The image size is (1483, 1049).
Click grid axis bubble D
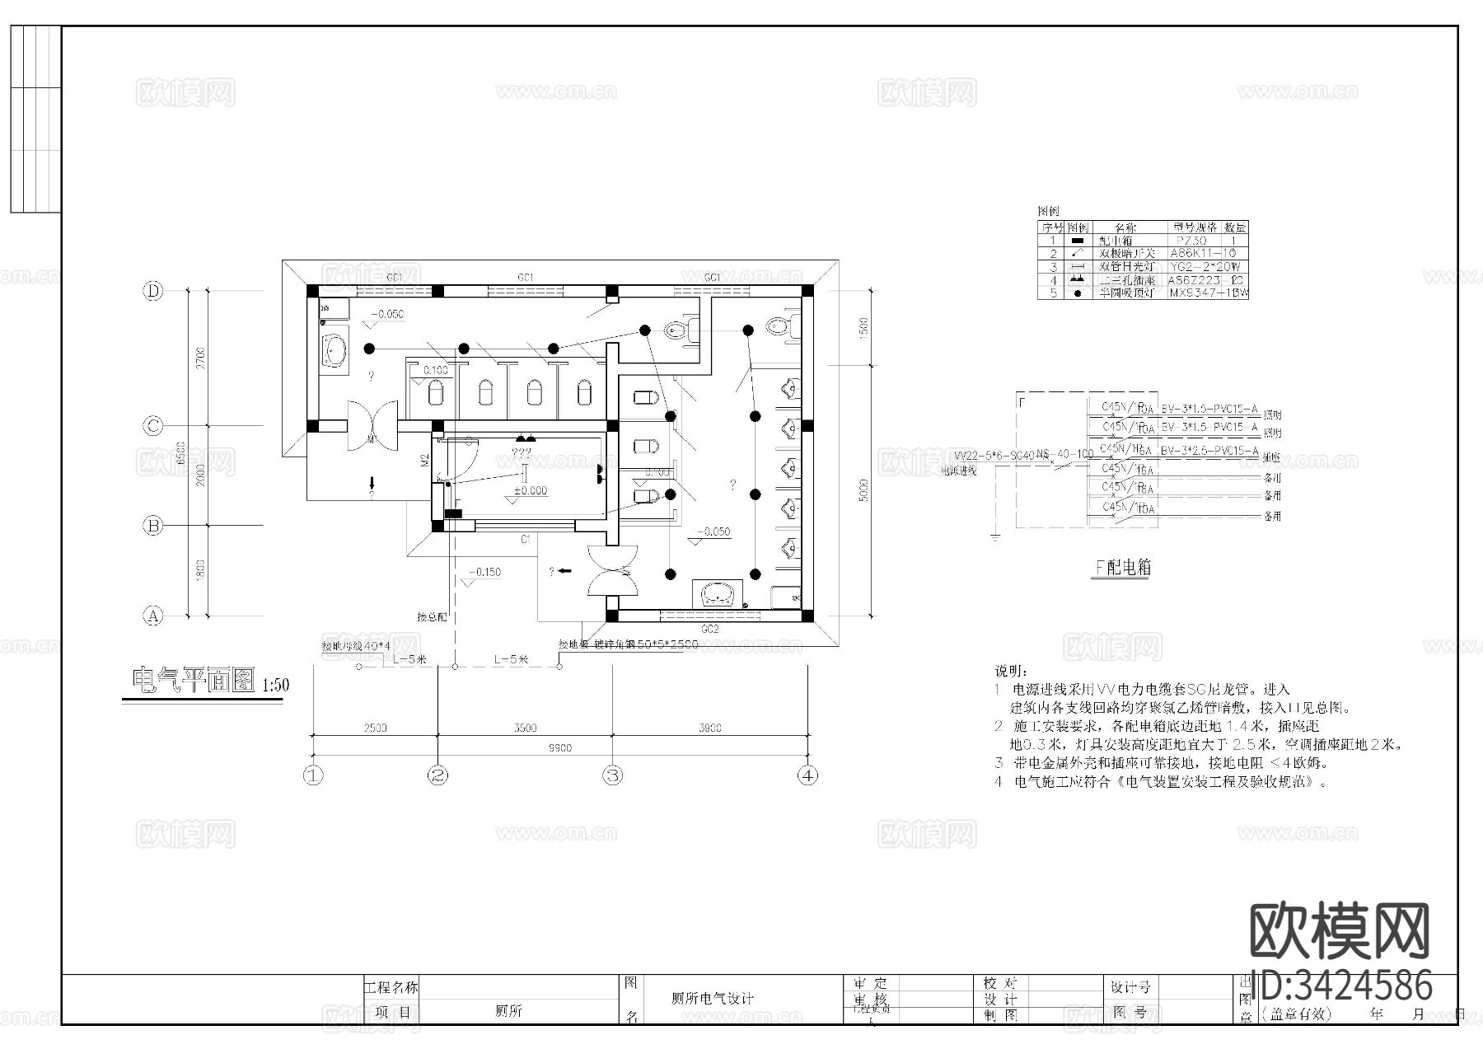[x=153, y=291]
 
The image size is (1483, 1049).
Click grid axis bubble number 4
[x=808, y=775]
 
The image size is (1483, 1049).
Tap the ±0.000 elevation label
[x=530, y=491]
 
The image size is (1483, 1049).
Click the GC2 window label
[x=709, y=629]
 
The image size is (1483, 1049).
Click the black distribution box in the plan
[x=453, y=513]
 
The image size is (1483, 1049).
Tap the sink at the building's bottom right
[x=721, y=593]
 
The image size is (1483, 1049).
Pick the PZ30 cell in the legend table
[x=1191, y=241]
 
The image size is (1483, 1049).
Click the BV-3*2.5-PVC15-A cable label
[x=1209, y=451]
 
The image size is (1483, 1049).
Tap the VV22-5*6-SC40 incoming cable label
[x=994, y=455]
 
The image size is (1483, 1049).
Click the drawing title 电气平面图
[x=192, y=681]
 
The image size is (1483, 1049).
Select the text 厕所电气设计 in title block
[x=712, y=998]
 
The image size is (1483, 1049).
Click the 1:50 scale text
[x=275, y=686]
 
